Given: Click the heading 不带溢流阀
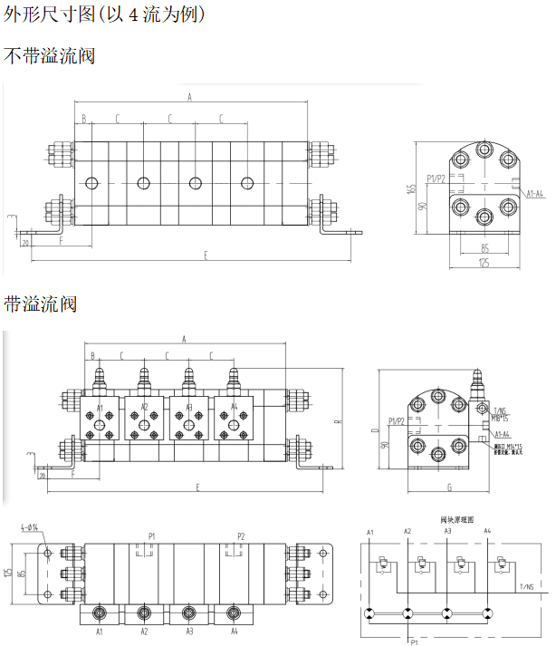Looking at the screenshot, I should (x=50, y=55).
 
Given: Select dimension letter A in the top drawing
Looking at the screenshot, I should (x=189, y=96).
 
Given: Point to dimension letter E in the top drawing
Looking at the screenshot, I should (x=206, y=256).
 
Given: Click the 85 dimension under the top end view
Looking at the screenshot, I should (x=484, y=247).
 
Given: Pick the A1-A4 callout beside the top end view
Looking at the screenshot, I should (x=534, y=193).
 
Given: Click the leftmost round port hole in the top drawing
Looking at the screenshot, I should (x=91, y=184).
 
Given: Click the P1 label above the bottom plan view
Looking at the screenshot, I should (x=152, y=535).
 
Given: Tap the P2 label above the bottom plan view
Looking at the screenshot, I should (x=240, y=535).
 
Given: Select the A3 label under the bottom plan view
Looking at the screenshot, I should (x=188, y=631).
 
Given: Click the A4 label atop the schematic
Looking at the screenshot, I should (x=487, y=530).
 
